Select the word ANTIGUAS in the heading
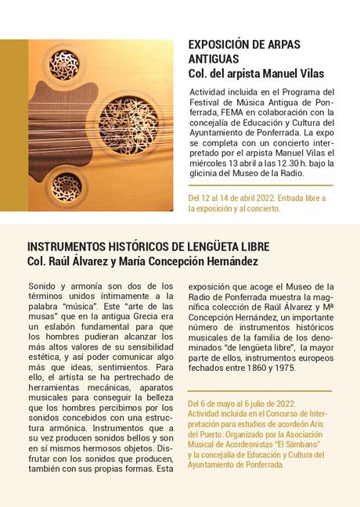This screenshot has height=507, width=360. [x=211, y=59]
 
